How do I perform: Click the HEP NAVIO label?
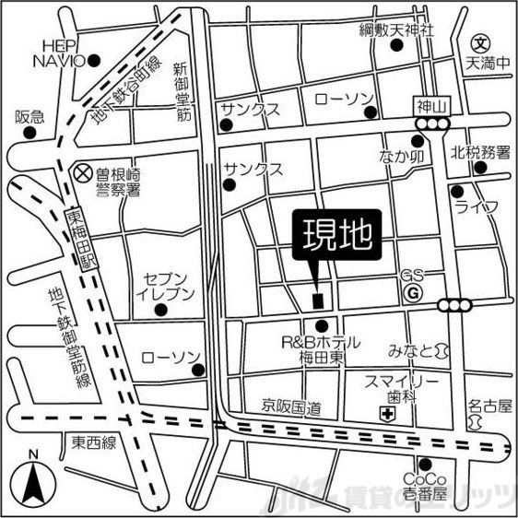[x=59, y=52]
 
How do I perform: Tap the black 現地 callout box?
[x=335, y=237]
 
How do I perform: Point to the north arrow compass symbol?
[x=33, y=479]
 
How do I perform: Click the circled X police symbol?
[x=83, y=171]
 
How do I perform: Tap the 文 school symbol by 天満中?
[x=479, y=43]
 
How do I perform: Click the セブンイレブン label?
[x=170, y=286]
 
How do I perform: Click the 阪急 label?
[x=29, y=117]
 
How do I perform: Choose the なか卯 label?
[x=398, y=158]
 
